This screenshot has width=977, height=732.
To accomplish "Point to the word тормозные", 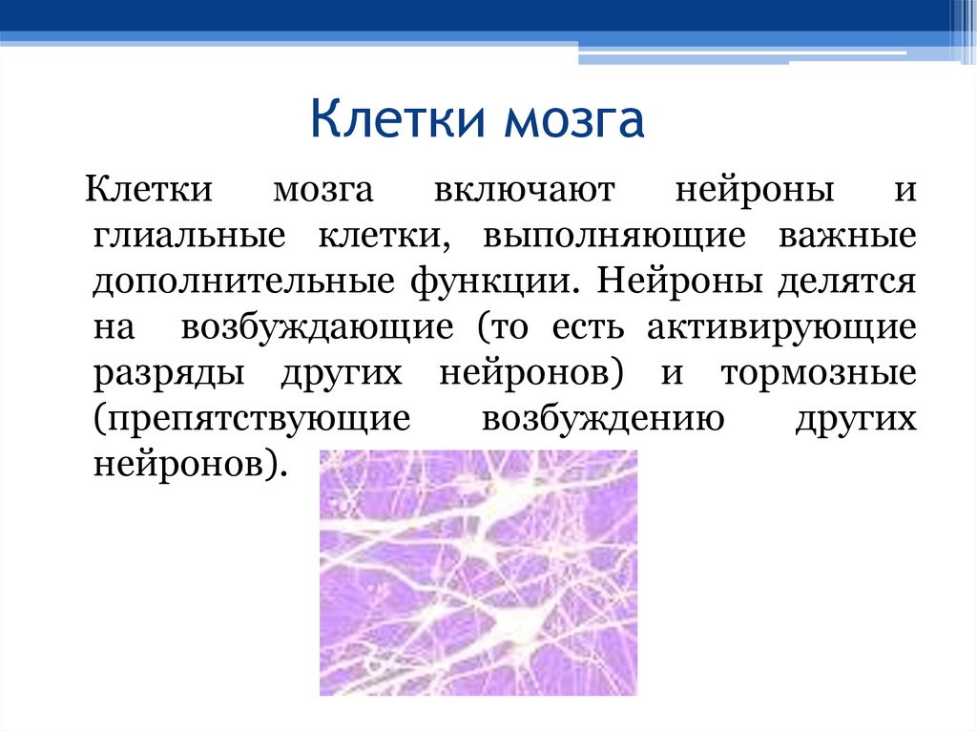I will [819, 373].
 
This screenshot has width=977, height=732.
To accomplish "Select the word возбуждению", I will [601, 420].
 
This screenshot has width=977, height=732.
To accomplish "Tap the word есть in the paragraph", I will [587, 327].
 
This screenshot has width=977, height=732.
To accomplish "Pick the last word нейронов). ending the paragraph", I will [189, 467].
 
